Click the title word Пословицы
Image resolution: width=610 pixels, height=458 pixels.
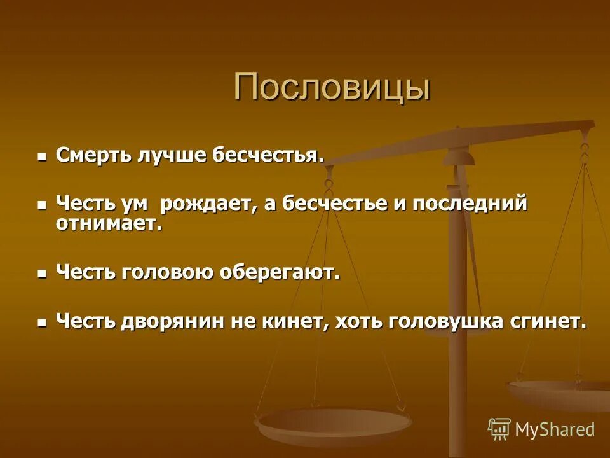(x=332, y=87)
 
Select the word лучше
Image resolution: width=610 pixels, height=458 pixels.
(x=171, y=155)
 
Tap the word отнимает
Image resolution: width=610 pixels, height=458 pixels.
(x=109, y=224)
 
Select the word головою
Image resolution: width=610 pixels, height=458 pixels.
(x=168, y=272)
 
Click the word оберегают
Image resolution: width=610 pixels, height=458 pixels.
(x=280, y=272)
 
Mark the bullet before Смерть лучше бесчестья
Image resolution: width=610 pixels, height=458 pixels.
(x=43, y=156)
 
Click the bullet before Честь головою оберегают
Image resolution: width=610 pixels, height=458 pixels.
(x=43, y=274)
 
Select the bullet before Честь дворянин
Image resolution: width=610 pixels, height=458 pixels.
(x=43, y=322)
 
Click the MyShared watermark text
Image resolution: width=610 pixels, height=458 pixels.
(x=555, y=429)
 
